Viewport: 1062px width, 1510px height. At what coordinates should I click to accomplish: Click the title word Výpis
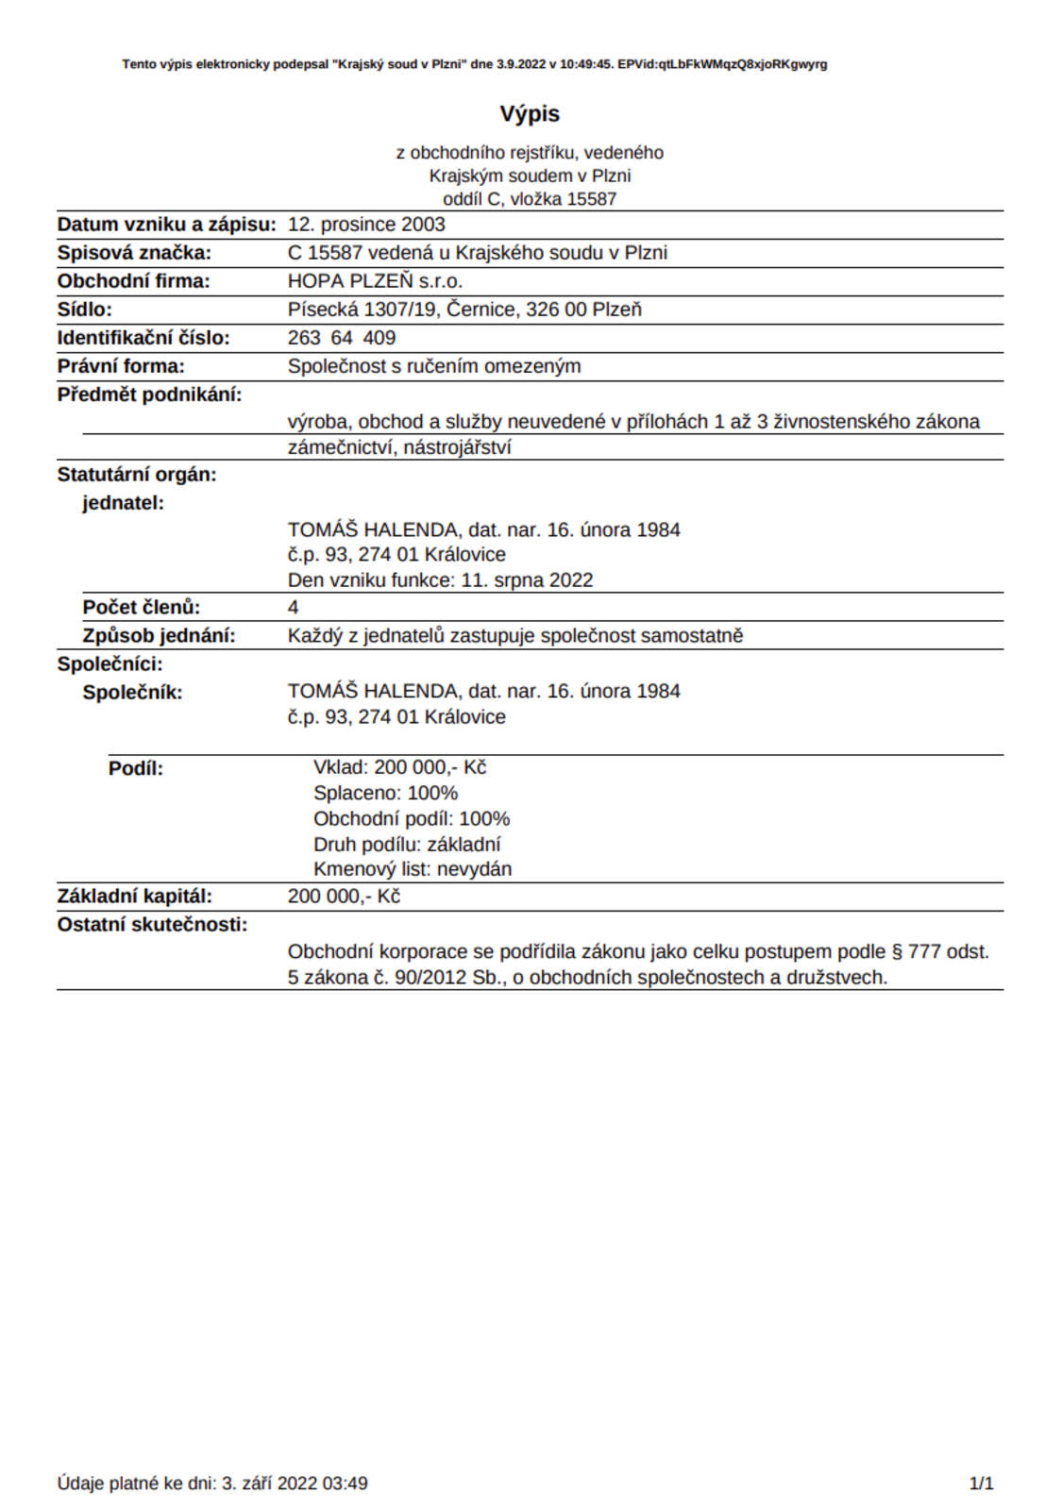[530, 114]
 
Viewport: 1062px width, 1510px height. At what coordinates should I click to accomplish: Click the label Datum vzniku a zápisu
[166, 225]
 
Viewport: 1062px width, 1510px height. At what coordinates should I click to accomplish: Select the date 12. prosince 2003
[366, 225]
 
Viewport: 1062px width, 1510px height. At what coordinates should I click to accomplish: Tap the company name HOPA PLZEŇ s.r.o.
[375, 281]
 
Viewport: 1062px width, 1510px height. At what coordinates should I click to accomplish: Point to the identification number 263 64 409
[342, 338]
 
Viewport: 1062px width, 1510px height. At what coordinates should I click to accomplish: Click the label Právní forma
[121, 366]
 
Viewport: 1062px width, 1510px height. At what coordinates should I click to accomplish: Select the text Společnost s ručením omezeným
[434, 366]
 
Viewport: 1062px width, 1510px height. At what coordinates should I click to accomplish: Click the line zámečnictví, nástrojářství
[399, 447]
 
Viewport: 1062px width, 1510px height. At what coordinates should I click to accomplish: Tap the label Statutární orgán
[137, 475]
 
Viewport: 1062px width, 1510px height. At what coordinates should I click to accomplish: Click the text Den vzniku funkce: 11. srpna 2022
[441, 580]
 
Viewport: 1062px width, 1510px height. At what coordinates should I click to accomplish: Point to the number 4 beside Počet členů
[293, 608]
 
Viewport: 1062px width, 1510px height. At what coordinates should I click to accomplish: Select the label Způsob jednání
[159, 636]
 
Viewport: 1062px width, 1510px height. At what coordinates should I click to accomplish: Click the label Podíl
[136, 768]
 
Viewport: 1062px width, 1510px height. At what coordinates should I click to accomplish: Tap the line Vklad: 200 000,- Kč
[400, 767]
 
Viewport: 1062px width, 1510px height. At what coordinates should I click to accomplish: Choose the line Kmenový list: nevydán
[413, 869]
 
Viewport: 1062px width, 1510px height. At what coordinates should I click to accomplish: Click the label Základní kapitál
[135, 897]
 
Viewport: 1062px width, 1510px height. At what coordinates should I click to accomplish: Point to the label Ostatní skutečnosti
[152, 925]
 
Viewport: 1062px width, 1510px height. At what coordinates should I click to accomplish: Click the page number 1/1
[982, 1484]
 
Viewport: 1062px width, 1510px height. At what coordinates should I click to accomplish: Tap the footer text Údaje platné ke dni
[137, 1484]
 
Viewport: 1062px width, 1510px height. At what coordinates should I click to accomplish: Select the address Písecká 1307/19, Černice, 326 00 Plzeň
[464, 310]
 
